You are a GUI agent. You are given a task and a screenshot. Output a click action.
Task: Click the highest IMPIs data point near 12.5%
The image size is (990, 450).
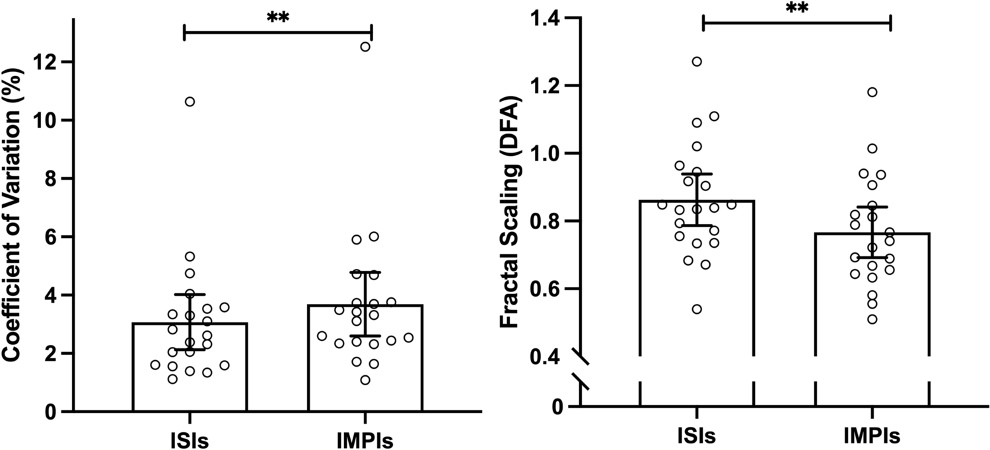coord(365,46)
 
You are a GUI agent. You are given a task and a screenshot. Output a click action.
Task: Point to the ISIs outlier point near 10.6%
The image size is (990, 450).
coord(190,102)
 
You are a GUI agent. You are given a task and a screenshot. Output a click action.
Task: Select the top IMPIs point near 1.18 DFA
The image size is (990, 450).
coord(872,92)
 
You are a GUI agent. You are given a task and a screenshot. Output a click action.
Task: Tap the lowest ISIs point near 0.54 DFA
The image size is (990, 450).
coord(697,309)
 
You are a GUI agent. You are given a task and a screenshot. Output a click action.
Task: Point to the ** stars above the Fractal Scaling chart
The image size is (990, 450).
coord(796,8)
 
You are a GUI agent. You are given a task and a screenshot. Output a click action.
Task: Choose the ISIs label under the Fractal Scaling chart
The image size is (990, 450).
coord(697,437)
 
